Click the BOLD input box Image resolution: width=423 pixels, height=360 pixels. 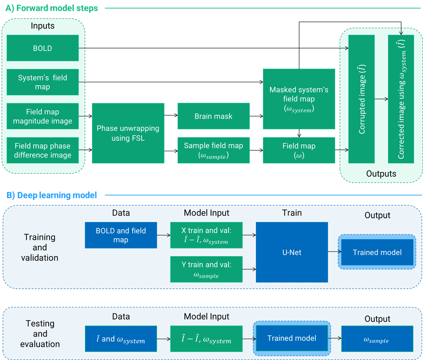[x=42, y=48]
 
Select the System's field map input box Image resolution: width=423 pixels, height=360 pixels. [x=42, y=82]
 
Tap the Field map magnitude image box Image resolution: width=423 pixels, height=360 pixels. [x=42, y=116]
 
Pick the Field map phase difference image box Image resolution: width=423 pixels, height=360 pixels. [x=42, y=150]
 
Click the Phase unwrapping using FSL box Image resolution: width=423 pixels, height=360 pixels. [x=128, y=133]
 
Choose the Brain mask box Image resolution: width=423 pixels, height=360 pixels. [x=213, y=116]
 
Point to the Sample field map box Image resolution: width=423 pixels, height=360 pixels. [x=213, y=150]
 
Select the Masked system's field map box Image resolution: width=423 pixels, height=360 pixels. [x=299, y=99]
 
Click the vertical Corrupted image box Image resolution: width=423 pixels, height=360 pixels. [x=362, y=99]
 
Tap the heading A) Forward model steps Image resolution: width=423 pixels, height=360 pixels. [x=52, y=8]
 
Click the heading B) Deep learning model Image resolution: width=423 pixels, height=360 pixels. [x=52, y=195]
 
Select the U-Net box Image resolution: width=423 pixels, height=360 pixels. [x=292, y=252]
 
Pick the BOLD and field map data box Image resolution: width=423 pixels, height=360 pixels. [x=121, y=235]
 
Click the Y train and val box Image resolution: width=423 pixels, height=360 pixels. [x=206, y=269]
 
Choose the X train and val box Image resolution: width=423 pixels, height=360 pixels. [x=206, y=235]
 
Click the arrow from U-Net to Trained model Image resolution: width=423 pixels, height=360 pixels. [x=334, y=252]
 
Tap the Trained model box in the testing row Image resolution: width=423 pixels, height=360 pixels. [x=292, y=338]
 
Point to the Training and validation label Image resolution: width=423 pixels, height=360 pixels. [x=40, y=247]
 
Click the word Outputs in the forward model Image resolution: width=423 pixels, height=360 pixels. [x=381, y=174]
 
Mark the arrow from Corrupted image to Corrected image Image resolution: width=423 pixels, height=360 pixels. [x=381, y=99]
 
